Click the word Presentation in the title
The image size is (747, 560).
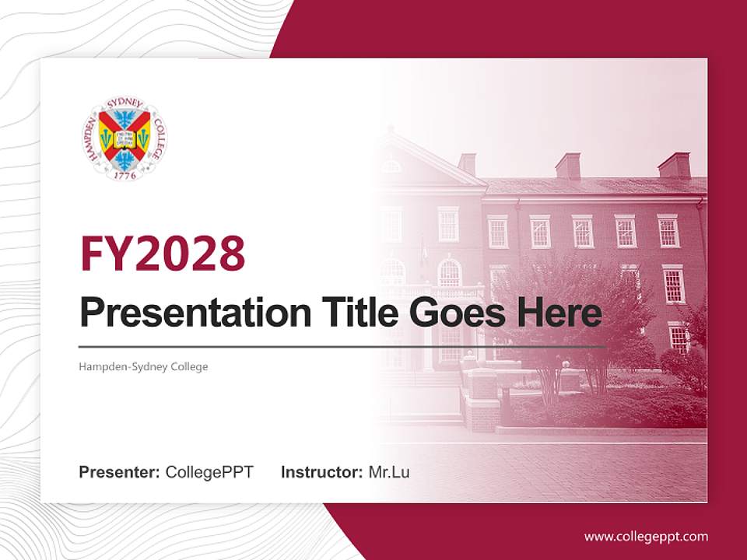(184, 313)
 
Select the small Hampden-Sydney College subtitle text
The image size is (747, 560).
(143, 366)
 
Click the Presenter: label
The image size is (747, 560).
(120, 472)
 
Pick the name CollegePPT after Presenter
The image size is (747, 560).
(209, 472)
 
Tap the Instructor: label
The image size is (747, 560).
(321, 472)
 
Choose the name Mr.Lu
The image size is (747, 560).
(389, 472)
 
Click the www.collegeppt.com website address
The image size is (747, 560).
(646, 536)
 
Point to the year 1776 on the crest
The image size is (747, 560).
(124, 176)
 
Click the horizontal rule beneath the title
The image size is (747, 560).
(342, 346)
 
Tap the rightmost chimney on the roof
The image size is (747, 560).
(674, 166)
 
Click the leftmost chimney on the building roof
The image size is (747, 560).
(467, 164)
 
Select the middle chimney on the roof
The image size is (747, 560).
(568, 166)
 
